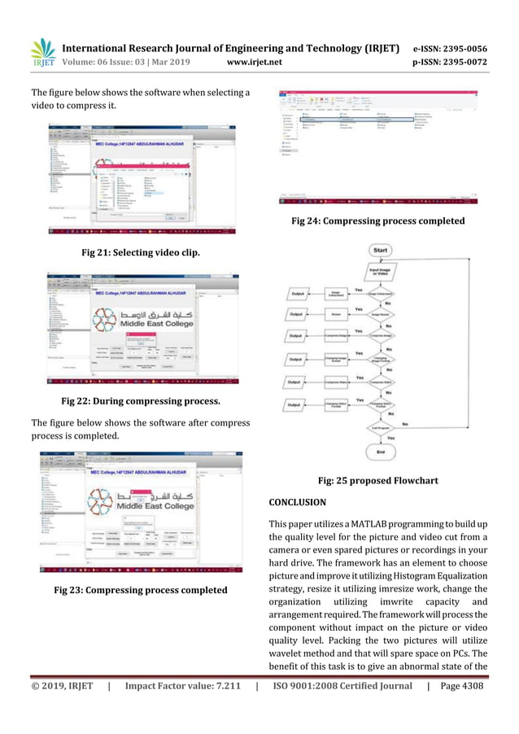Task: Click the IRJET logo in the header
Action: [x=43, y=53]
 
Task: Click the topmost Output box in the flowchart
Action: [x=299, y=293]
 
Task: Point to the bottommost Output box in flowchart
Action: [x=299, y=404]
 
